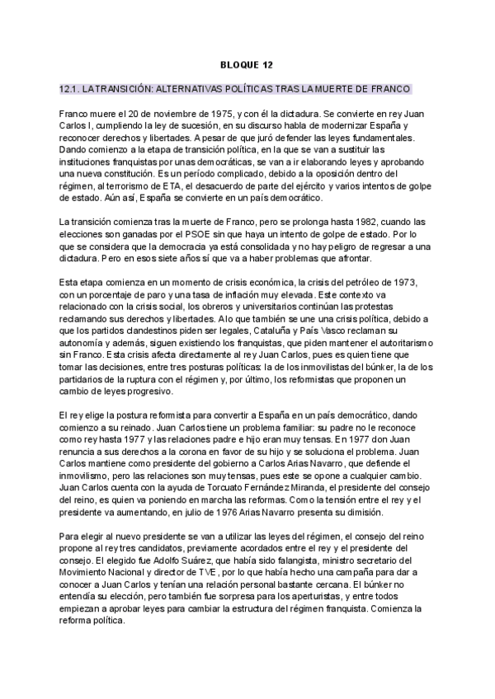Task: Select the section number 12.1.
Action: tap(71, 88)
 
